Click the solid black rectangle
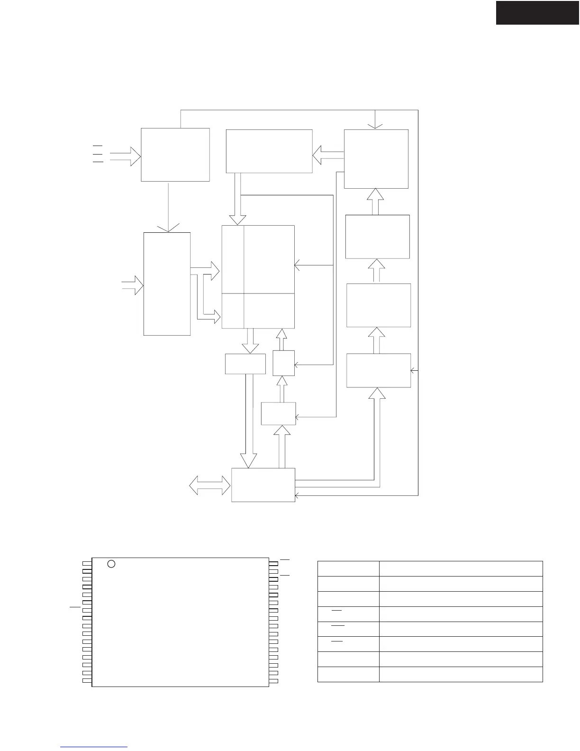(x=537, y=12)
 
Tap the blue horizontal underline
(x=94, y=747)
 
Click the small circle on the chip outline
(x=111, y=564)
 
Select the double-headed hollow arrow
(x=209, y=485)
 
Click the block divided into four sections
(x=258, y=276)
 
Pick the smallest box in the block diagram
(x=283, y=363)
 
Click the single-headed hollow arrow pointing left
(x=328, y=155)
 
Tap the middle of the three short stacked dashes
(x=98, y=154)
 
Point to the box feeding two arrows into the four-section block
(x=167, y=284)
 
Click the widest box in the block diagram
(x=269, y=151)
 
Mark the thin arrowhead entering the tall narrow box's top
(x=169, y=229)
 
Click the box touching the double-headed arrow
(x=263, y=485)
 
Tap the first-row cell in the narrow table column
(x=348, y=568)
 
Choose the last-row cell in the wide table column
(x=461, y=674)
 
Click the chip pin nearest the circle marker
(x=87, y=564)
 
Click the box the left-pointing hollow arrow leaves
(x=376, y=159)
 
